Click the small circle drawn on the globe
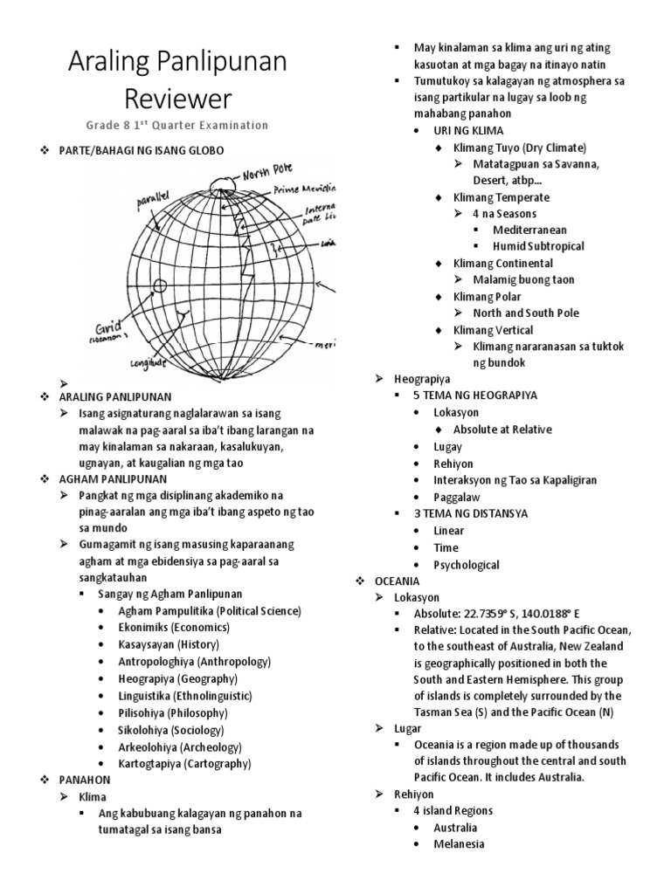point(159,285)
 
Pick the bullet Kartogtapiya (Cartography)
point(184,764)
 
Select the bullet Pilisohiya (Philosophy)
point(172,712)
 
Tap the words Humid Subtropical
point(538,246)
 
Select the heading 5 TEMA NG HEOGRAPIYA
point(475,395)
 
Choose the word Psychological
point(467,565)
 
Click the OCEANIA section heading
point(398,581)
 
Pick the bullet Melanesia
point(459,843)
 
